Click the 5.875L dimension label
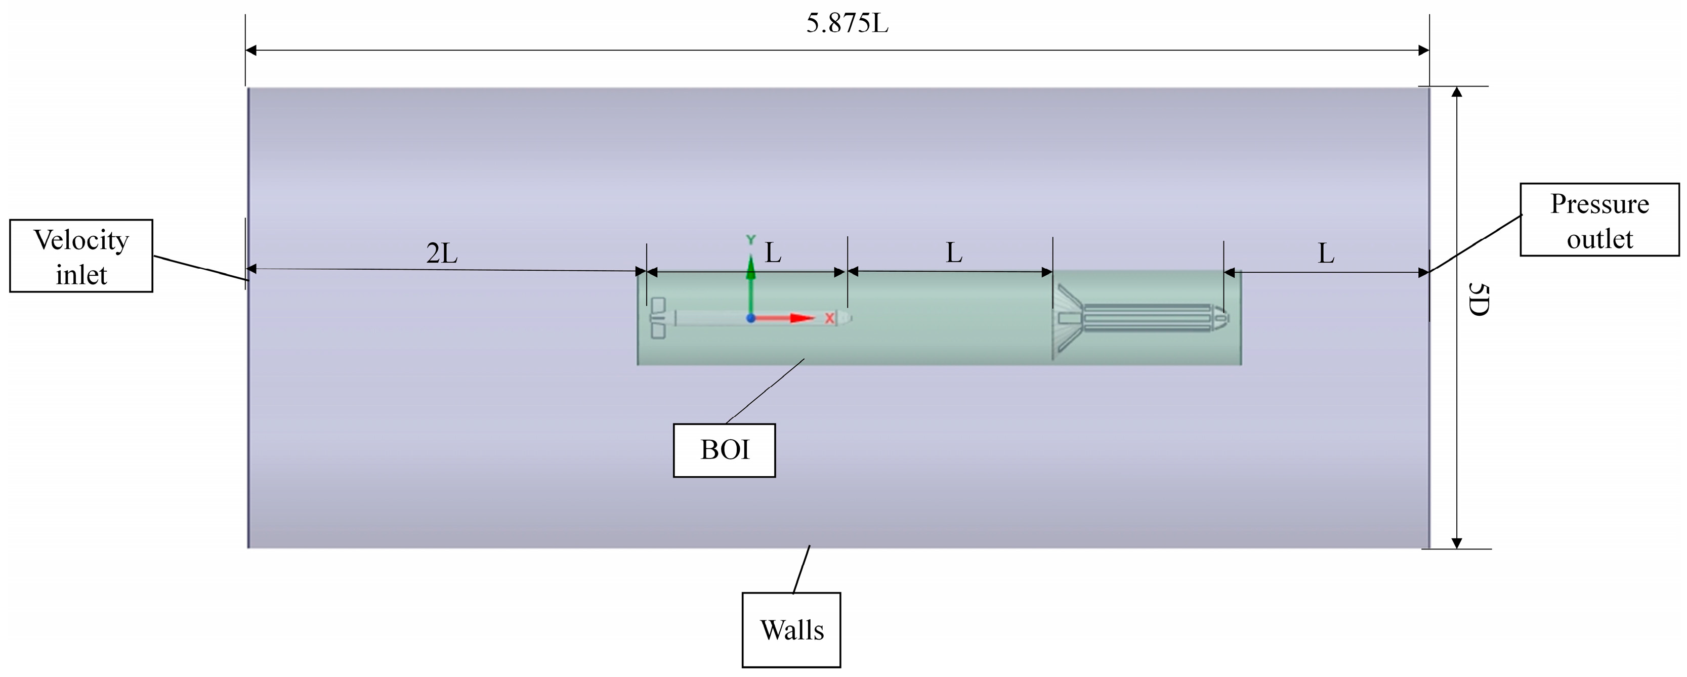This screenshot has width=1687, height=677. tap(847, 24)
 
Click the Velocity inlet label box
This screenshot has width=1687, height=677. tap(81, 256)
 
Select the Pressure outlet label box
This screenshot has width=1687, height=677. tap(1599, 220)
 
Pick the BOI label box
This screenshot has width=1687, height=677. tap(724, 450)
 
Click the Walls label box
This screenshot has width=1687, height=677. tap(791, 630)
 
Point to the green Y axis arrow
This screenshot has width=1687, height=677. tap(751, 281)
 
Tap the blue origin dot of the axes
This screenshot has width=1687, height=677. tap(751, 318)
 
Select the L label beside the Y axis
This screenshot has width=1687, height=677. tap(774, 252)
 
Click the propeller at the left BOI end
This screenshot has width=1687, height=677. tap(657, 318)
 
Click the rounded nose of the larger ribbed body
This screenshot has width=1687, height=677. tap(1221, 318)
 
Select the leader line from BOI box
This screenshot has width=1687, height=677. tap(765, 391)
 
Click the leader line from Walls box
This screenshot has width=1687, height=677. tap(802, 570)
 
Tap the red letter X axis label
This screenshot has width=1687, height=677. tap(829, 318)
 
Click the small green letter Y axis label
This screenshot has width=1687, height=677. tap(751, 240)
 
